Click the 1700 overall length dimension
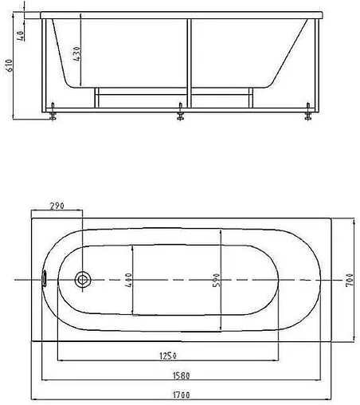click(x=182, y=395)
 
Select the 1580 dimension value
click(x=182, y=376)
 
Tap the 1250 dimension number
click(x=168, y=356)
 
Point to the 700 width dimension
click(x=350, y=280)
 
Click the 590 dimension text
click(x=217, y=280)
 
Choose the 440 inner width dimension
click(x=128, y=280)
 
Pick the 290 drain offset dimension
click(x=57, y=206)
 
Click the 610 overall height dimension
click(x=10, y=65)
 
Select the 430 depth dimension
click(x=76, y=53)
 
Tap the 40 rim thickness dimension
click(x=21, y=36)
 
